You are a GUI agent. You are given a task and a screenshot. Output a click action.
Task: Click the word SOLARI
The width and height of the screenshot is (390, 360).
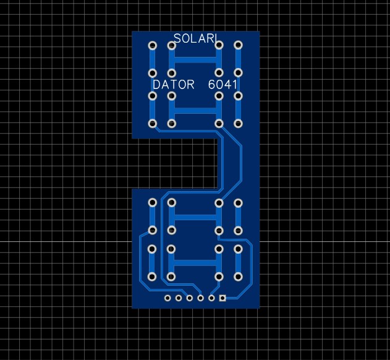tap(194, 38)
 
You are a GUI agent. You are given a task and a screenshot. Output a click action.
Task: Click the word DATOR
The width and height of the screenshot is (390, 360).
tap(174, 84)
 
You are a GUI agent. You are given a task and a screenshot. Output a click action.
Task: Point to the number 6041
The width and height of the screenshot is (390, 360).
tap(223, 84)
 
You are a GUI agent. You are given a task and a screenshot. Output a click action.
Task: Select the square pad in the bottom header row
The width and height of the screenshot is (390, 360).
tap(223, 298)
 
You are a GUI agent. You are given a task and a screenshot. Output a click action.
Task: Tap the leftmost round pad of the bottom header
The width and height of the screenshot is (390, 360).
tap(167, 298)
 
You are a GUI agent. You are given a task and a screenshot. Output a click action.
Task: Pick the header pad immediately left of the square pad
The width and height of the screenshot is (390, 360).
tap(211, 298)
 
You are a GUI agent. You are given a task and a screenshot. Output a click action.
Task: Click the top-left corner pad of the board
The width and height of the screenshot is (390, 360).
tap(152, 45)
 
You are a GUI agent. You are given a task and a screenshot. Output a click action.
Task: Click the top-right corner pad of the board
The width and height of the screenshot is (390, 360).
tap(238, 45)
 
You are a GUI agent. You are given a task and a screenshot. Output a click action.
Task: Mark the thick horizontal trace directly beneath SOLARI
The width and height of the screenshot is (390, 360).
tap(195, 60)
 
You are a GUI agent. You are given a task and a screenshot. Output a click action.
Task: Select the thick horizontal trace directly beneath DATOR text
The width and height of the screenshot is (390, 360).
tap(195, 110)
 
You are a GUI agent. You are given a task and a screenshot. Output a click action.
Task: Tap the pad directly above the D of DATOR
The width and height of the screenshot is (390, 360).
tap(152, 73)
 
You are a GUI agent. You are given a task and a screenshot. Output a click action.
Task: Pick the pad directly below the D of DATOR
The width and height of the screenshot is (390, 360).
tap(152, 96)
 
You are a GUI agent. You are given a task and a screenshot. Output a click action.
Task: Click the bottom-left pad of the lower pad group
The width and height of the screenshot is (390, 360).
tap(152, 276)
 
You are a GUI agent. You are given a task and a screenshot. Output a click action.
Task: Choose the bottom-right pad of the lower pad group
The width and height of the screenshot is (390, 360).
tap(238, 276)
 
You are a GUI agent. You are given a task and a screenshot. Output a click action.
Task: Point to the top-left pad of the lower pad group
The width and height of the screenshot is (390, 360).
tap(152, 203)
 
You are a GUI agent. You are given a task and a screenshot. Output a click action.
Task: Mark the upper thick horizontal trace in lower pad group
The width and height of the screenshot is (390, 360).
tap(195, 216)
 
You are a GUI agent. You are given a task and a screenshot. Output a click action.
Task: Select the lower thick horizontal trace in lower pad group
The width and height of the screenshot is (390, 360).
tap(195, 263)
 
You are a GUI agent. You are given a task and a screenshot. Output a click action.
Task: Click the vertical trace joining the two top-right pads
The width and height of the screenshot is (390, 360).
tap(238, 59)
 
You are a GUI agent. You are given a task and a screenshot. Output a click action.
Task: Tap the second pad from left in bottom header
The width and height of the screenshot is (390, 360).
tap(179, 298)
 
